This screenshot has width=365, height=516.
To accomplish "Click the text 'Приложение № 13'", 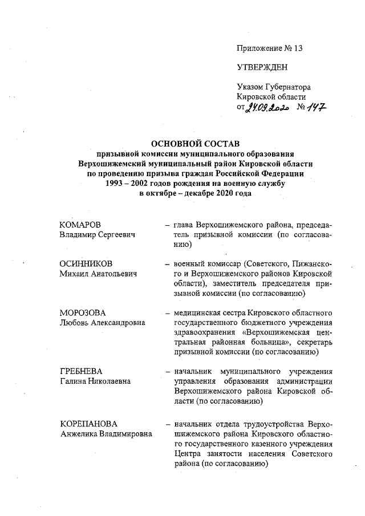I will [x=269, y=48].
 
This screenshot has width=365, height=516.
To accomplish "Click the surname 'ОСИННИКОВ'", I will [x=86, y=265].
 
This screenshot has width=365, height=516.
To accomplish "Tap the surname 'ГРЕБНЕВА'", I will [x=84, y=371].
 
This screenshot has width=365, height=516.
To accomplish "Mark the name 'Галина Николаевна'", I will [x=94, y=381].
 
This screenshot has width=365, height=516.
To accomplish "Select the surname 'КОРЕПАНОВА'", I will [x=88, y=425].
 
